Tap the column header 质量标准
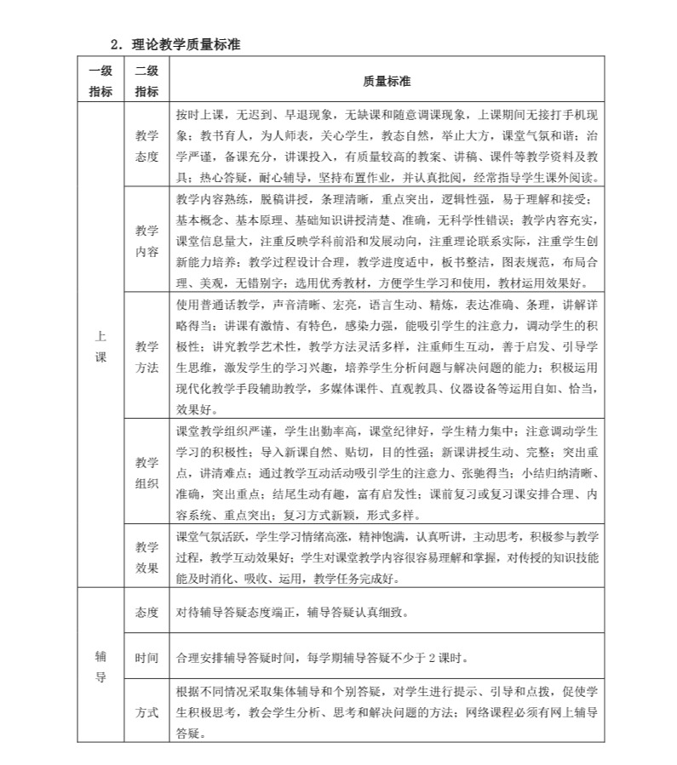coord(387,82)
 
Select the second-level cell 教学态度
coord(146,146)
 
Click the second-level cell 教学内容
coord(146,241)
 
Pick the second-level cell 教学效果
coord(146,557)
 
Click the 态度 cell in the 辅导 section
coord(146,612)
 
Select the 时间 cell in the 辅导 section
coord(146,658)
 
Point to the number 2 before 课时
coord(432,658)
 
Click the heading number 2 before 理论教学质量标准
coord(115,45)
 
